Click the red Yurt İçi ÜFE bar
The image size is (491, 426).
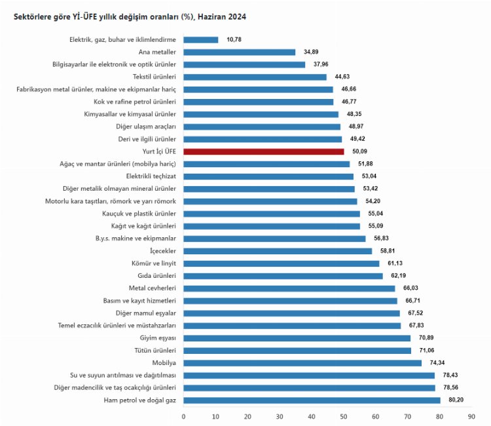(x=264, y=151)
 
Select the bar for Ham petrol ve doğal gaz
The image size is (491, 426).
(x=312, y=400)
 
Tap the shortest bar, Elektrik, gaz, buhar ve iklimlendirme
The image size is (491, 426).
(x=201, y=40)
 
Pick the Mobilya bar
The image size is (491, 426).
(x=302, y=362)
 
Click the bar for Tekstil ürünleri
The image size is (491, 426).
(x=255, y=77)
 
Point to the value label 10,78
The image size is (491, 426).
(x=234, y=40)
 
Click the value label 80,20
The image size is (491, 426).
(x=456, y=400)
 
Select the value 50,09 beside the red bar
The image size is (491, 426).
(x=360, y=151)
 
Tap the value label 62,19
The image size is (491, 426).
(x=399, y=276)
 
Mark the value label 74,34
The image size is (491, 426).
(x=437, y=362)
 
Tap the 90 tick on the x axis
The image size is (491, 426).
(x=471, y=416)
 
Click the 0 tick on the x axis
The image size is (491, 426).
(x=184, y=416)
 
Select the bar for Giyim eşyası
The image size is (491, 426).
(x=297, y=338)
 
